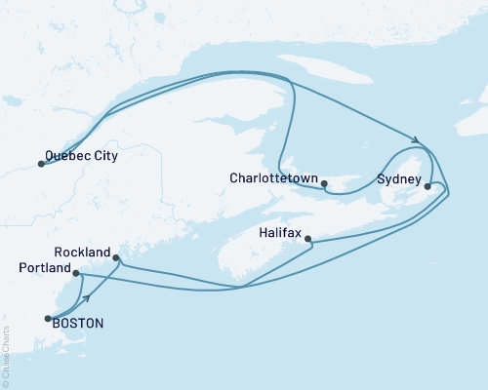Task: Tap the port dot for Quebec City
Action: tap(41, 164)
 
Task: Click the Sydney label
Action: tap(398, 180)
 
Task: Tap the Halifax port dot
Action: tap(308, 239)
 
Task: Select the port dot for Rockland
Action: tap(117, 258)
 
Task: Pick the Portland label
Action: tap(45, 267)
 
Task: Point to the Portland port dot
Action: tap(76, 274)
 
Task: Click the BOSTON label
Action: tap(79, 323)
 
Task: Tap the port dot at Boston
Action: tap(47, 318)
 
